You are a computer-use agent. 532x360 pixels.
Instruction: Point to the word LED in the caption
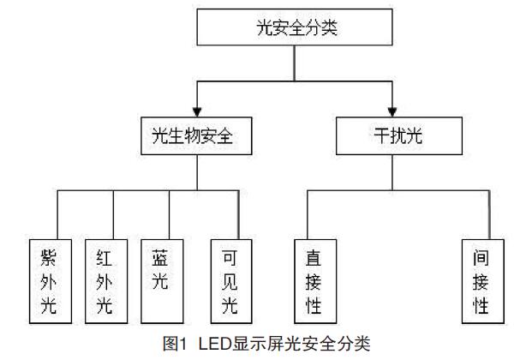click(215, 345)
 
